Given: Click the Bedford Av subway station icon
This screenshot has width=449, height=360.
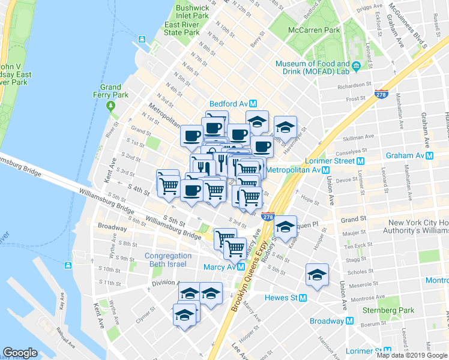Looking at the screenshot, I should tap(254, 103).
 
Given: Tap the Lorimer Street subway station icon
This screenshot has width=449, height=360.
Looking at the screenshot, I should tap(361, 161).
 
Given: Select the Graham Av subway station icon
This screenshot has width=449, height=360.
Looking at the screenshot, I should tap(430, 155).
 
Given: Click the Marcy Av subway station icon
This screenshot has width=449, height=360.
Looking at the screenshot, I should tap(241, 267).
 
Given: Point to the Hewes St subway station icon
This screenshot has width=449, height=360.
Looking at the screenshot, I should tap(303, 298).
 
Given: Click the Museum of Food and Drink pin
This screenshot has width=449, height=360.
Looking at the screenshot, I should tap(356, 65).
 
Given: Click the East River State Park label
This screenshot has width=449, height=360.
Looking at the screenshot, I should tap(182, 29).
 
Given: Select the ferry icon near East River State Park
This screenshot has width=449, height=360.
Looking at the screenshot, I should tap(142, 40).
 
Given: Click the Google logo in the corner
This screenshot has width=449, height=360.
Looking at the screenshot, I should tap(20, 353).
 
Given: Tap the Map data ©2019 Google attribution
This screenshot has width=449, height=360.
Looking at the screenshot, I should tap(412, 355).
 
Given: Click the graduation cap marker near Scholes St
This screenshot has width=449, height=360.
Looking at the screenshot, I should tap(316, 275).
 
